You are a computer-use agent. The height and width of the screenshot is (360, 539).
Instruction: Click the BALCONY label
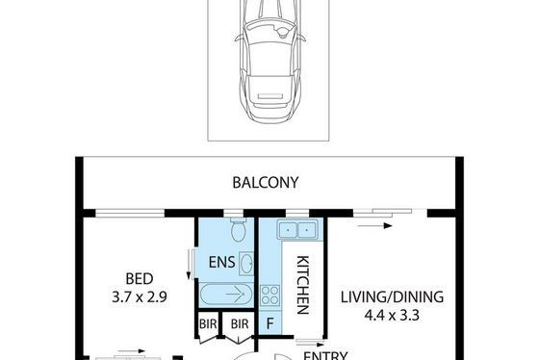tap(266, 183)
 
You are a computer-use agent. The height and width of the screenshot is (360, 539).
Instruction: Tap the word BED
tap(140, 279)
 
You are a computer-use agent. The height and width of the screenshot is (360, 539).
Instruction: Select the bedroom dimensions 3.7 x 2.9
tap(140, 297)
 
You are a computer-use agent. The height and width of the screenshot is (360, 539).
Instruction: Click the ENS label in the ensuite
tap(221, 263)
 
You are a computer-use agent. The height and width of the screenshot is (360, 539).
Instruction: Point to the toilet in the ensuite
tap(238, 229)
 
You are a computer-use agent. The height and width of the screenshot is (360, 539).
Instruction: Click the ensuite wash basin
tap(246, 264)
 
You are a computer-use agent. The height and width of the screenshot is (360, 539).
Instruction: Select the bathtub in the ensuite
tap(226, 295)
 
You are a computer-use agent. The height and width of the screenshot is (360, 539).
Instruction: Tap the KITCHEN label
tap(302, 285)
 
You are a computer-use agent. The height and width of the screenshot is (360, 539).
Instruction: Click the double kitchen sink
tap(297, 229)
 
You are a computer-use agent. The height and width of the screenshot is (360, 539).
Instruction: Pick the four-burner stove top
tap(269, 296)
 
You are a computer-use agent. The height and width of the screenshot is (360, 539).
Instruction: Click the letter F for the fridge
tap(269, 323)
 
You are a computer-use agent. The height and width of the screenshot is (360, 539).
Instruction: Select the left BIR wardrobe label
tap(208, 323)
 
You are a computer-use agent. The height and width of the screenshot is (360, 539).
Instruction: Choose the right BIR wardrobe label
tap(240, 323)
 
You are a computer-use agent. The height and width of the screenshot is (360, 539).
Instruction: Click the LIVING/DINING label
tap(392, 297)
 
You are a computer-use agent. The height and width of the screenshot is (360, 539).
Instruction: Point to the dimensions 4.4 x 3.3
tap(392, 316)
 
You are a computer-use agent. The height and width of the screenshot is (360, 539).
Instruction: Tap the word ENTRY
tap(325, 355)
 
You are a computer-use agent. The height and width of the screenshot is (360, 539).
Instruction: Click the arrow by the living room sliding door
tap(374, 226)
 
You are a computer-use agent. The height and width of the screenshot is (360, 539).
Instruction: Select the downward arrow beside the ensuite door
tap(189, 265)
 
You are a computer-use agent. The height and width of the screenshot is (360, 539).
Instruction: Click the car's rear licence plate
tap(270, 96)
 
